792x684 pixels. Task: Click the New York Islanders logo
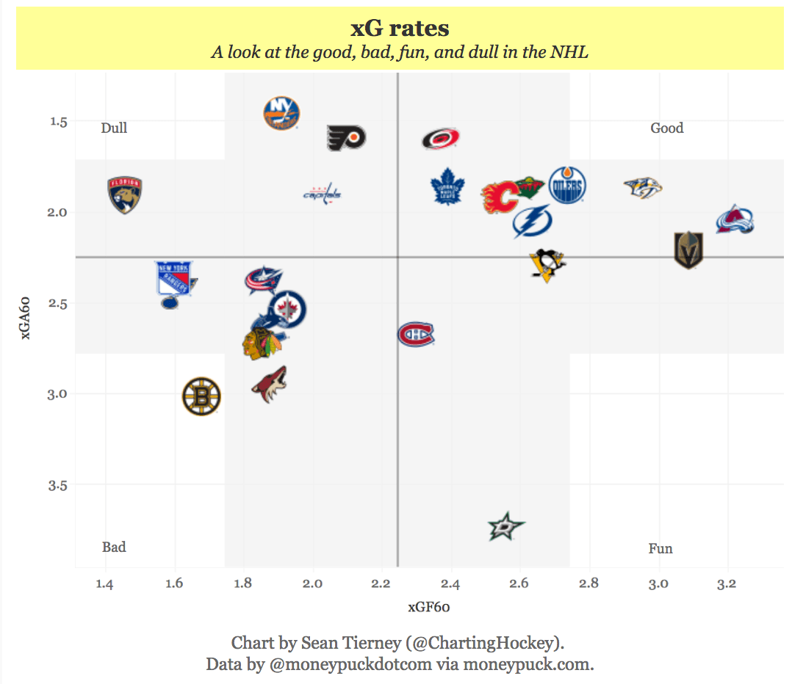[281, 113]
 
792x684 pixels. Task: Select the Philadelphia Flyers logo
[346, 137]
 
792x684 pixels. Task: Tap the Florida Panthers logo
[124, 195]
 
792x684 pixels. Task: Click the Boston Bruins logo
[201, 396]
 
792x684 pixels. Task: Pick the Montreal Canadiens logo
[416, 335]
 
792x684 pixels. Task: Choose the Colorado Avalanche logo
[735, 220]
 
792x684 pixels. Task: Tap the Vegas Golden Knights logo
[688, 250]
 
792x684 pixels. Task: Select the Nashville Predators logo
[643, 188]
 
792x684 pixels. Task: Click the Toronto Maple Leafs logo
[447, 186]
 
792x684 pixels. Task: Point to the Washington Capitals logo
[323, 194]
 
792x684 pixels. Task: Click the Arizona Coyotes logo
[269, 385]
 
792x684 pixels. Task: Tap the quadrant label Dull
[114, 128]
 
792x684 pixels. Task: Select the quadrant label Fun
[660, 548]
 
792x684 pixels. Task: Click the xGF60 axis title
[429, 607]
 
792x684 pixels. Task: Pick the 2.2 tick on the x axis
[381, 584]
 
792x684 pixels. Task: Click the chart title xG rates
[400, 29]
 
